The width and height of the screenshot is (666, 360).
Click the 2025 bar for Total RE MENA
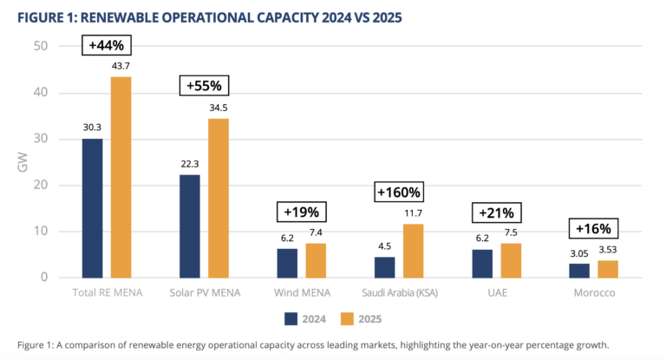pos(121,177)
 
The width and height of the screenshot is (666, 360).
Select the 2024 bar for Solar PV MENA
pos(189,226)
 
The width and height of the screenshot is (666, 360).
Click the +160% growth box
pos(397,192)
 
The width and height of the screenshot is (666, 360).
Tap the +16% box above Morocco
pos(594,229)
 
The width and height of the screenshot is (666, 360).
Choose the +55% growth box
pos(204,86)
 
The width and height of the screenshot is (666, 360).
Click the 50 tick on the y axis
pos(41,46)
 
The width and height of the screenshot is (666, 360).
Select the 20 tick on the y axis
pos(41,185)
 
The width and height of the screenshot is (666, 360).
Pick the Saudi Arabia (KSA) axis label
pos(398,293)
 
